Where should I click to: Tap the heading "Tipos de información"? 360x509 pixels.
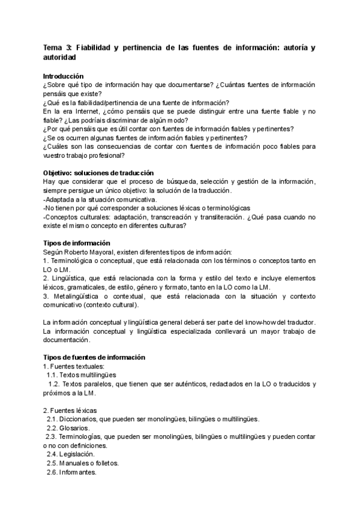76,243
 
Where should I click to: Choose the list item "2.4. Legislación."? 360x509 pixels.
70,454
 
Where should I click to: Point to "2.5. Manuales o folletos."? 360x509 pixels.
82,463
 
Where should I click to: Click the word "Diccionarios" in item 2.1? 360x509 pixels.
83,419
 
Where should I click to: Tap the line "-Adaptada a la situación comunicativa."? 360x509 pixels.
100,199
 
